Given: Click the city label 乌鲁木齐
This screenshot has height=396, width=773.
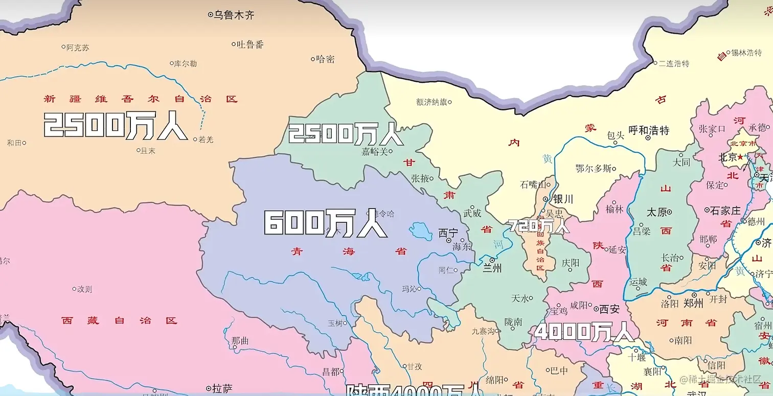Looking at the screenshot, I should (234, 15).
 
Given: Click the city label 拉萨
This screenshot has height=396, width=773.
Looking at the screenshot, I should (222, 388).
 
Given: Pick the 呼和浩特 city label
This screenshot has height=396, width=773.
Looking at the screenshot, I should (649, 130).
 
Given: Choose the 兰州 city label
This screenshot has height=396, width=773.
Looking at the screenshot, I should (492, 267).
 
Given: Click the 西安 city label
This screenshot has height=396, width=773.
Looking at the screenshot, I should (609, 309).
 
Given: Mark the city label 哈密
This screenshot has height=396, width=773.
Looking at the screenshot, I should (325, 59).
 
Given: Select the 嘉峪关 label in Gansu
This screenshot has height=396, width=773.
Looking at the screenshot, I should (375, 152).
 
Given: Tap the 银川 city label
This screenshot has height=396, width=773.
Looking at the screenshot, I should (563, 199).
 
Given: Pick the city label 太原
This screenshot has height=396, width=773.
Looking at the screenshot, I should (657, 212).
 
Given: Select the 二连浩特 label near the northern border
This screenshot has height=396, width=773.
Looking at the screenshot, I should (674, 63).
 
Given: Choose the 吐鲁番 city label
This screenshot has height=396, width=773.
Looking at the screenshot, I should (251, 44).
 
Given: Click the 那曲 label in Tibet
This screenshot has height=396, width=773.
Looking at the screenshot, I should (240, 340).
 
